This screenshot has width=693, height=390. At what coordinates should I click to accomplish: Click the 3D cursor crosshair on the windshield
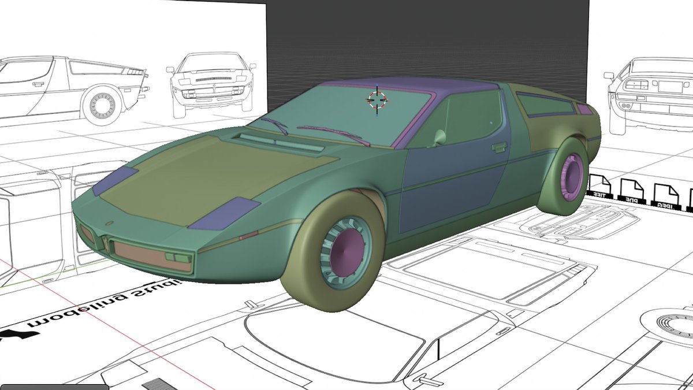pyautogui.click(x=377, y=100)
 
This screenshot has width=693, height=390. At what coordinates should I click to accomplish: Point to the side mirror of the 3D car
pyautogui.click(x=439, y=138)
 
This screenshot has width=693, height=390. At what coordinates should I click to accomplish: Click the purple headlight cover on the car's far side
pyautogui.click(x=115, y=181)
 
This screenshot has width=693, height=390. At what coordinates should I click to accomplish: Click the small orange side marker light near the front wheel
pyautogui.click(x=248, y=235)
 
